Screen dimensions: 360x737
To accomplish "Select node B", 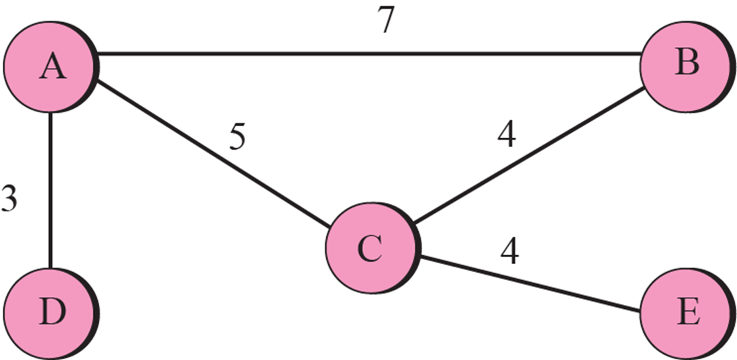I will pos(685,65).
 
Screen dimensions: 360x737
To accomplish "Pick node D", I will pos(48,314).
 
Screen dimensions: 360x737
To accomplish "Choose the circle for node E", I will pos(685,313).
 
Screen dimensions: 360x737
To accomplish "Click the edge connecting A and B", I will pos(369,54).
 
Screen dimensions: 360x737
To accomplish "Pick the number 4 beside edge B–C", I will pos(506,136).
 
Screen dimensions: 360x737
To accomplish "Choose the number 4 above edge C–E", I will pos(509,251).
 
